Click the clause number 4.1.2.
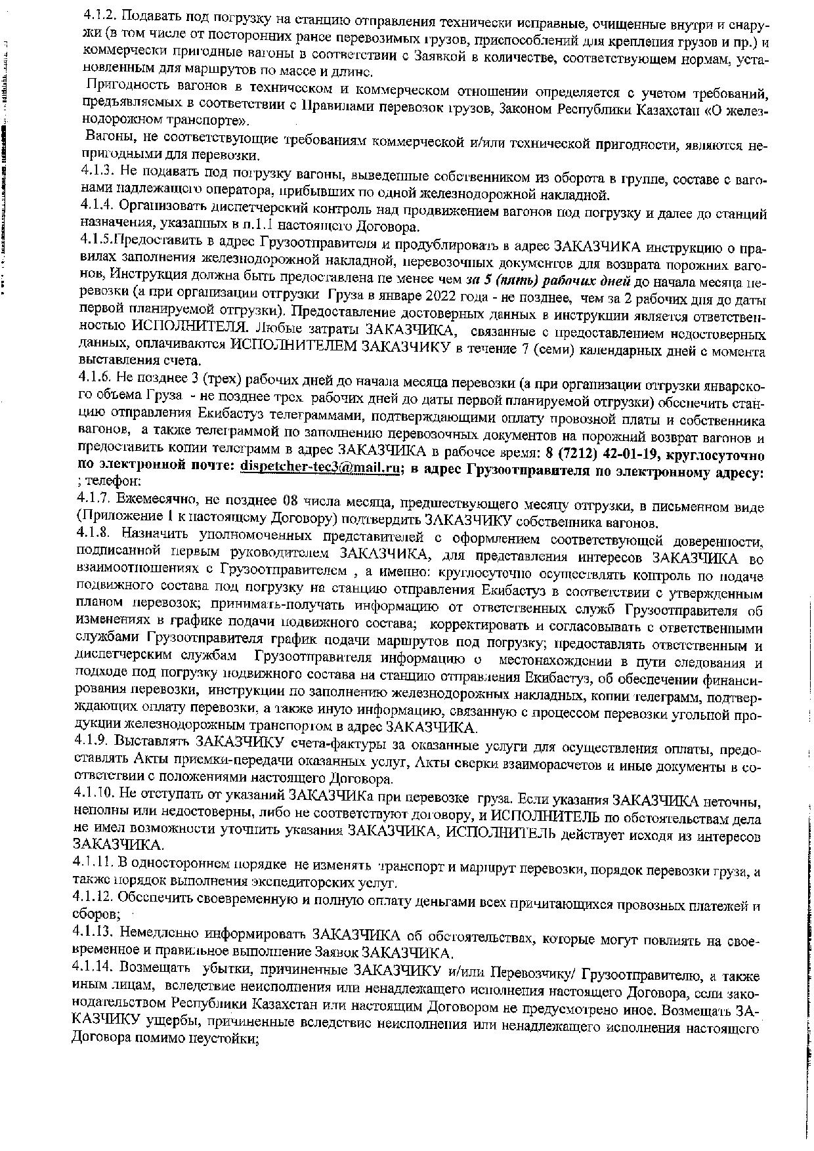[x=100, y=15]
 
